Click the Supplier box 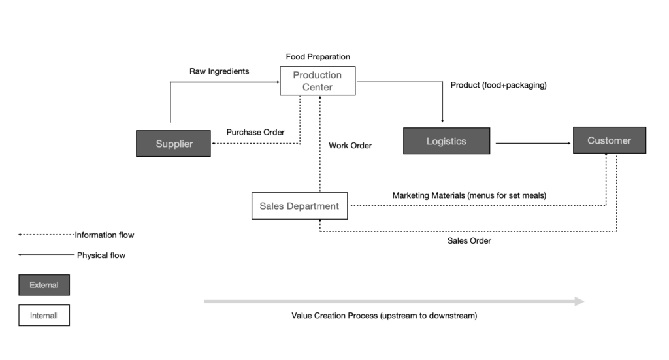173,144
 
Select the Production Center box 318,81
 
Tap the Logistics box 446,141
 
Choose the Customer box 609,140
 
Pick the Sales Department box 299,206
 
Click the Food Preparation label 318,57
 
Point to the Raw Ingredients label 219,71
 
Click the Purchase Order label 255,132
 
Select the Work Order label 350,146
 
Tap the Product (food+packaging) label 498,85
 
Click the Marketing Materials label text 469,195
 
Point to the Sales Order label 469,240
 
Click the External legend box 44,285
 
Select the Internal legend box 44,316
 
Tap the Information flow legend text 104,235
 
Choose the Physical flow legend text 101,255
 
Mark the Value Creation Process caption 384,316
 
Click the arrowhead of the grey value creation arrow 579,301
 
